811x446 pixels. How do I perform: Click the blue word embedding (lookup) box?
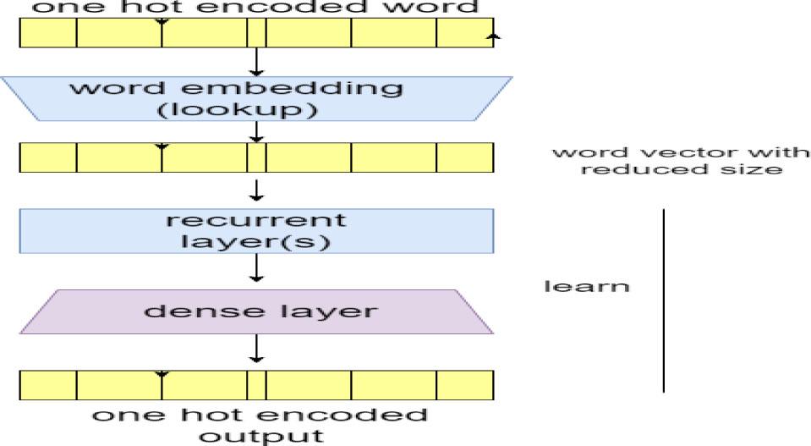pos(256,97)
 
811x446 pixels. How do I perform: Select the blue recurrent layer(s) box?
pos(256,229)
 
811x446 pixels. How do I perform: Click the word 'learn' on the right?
pos(586,285)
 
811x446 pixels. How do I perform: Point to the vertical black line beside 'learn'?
pos(663,300)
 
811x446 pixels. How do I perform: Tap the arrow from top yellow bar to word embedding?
pos(256,62)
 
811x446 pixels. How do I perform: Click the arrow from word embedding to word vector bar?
pos(256,131)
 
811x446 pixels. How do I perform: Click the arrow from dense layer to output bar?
pos(256,349)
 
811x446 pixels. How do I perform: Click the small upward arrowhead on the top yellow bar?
pos(493,36)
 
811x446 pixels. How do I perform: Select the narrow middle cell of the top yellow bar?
pos(257,32)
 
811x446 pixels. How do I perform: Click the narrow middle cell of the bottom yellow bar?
pos(257,385)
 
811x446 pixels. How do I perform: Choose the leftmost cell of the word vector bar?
pos(47,157)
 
